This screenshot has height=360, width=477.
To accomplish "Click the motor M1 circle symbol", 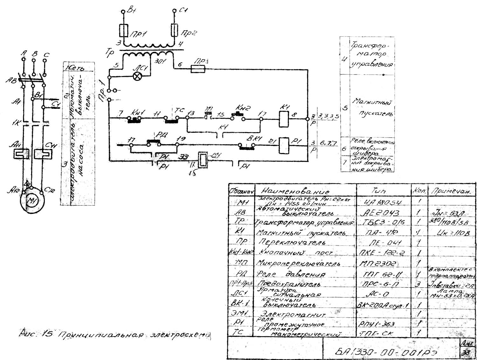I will (32, 201).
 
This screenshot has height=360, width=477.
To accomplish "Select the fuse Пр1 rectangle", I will (124, 31).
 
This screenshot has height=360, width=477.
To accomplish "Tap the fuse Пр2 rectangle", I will (174, 30).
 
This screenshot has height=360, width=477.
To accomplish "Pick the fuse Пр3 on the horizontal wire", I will (198, 69).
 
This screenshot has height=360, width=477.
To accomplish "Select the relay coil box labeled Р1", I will (284, 145).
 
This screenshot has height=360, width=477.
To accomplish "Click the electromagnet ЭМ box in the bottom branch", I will (202, 160).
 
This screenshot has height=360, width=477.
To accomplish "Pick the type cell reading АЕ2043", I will (381, 213).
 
